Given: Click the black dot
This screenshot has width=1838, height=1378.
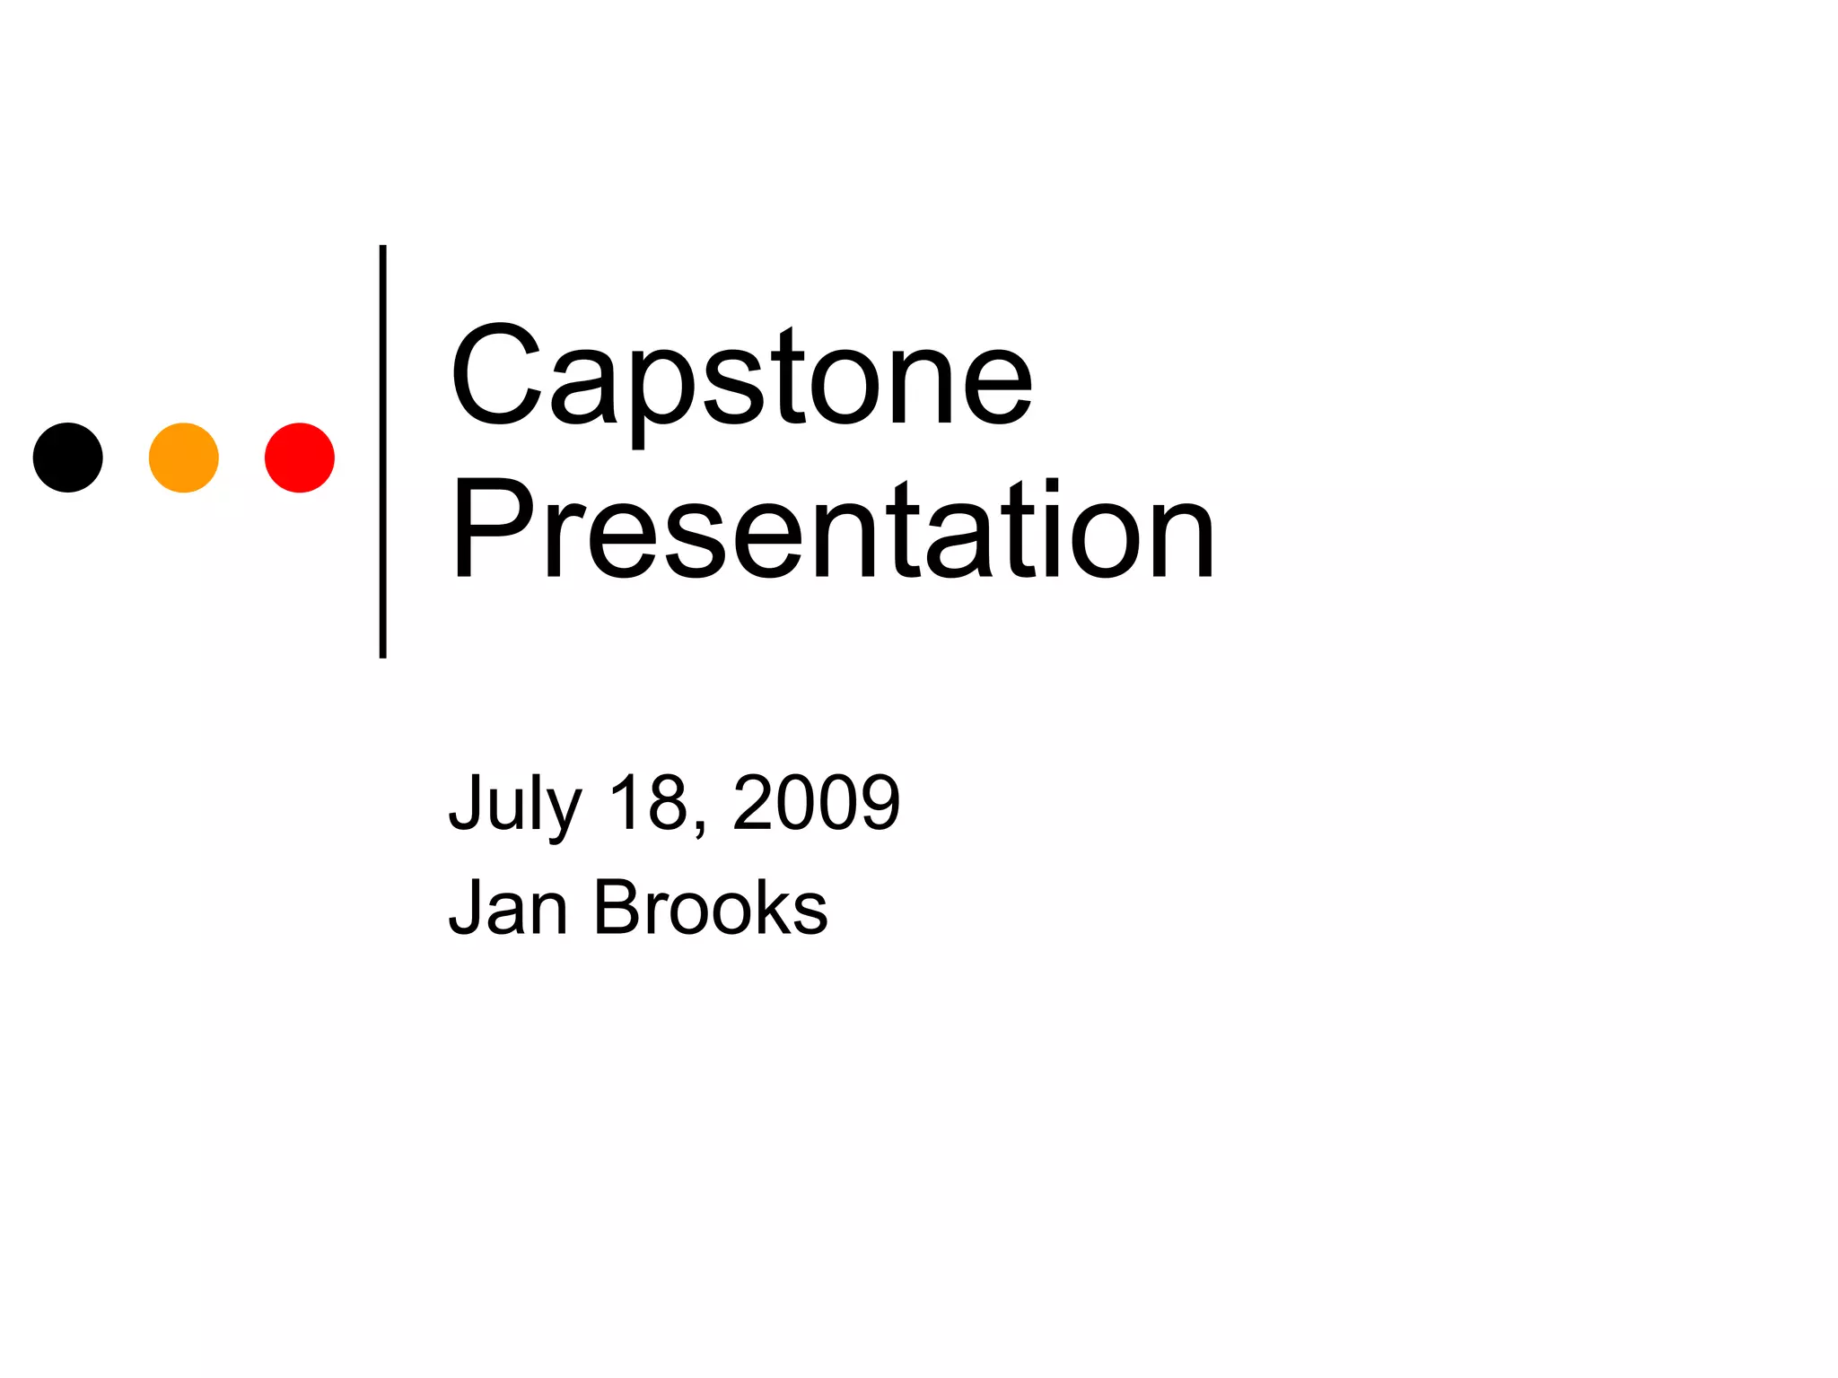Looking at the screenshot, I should coord(68,458).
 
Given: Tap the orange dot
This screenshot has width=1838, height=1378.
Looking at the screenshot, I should coord(184,458).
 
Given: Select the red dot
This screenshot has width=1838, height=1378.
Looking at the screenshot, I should coord(300,458).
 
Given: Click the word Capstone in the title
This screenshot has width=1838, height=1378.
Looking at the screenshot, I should coord(741,377).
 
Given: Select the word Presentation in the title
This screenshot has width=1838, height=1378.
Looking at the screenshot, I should coord(833,531).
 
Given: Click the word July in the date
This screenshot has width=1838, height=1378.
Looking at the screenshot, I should coord(515,803).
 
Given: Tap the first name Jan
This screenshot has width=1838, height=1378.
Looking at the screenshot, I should coord(508,908).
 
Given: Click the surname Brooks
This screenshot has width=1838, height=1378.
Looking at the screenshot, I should coord(710,908).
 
